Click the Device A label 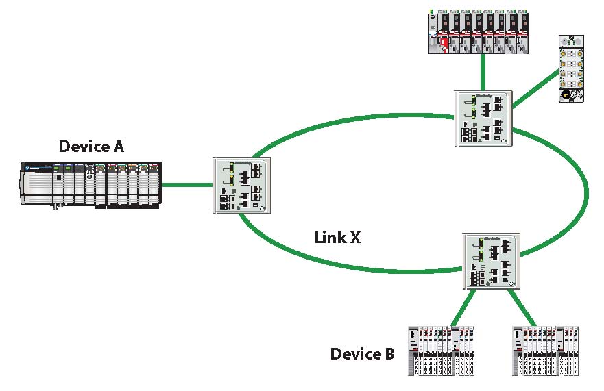pyautogui.click(x=91, y=146)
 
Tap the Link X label pyautogui.click(x=337, y=238)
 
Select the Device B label pyautogui.click(x=362, y=354)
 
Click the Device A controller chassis pyautogui.click(x=90, y=184)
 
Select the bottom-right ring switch pyautogui.click(x=491, y=262)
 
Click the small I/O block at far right pyautogui.click(x=571, y=69)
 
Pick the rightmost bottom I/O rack pyautogui.click(x=546, y=349)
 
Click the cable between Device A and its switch pyautogui.click(x=187, y=184)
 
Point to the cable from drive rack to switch pyautogui.click(x=483, y=72)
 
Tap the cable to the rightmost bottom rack pyautogui.click(x=522, y=307)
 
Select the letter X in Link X pyautogui.click(x=354, y=238)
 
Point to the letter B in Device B pyautogui.click(x=388, y=354)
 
